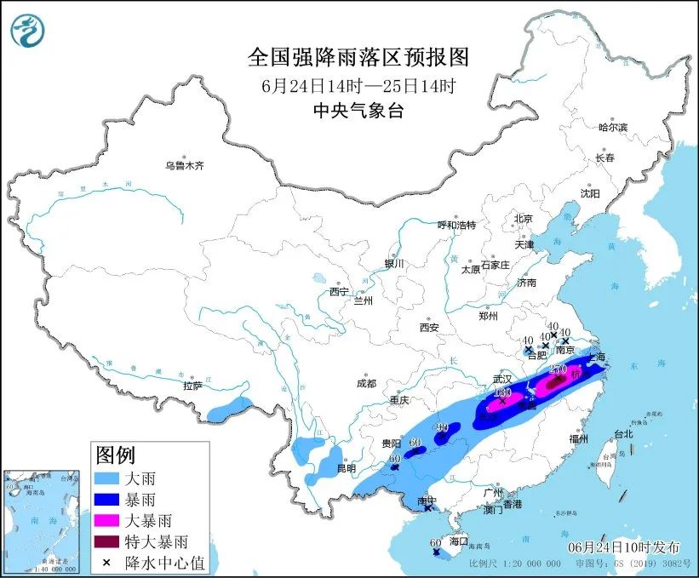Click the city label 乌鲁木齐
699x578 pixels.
click(185, 166)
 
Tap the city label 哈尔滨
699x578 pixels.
click(612, 127)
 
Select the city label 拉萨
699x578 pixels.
click(192, 385)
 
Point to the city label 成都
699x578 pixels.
click(367, 382)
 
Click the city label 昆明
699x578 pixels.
click(346, 468)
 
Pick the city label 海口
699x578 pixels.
click(459, 541)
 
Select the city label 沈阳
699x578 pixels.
click(590, 193)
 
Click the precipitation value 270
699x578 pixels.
click(559, 369)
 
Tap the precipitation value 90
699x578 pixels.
click(442, 427)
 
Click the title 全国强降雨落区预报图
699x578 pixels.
click(358, 57)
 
